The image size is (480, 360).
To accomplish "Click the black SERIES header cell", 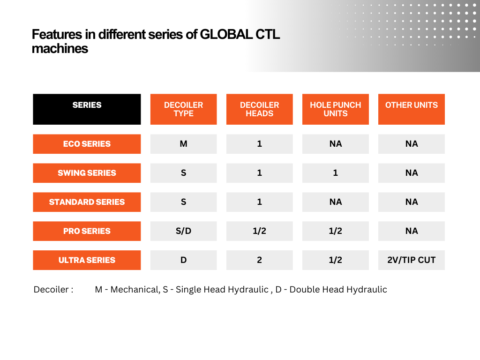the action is pyautogui.click(x=87, y=109).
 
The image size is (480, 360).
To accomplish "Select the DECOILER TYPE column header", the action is pyautogui.click(x=184, y=109).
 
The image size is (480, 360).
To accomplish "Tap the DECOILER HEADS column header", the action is pyautogui.click(x=260, y=109).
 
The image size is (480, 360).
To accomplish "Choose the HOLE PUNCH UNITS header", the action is pyautogui.click(x=336, y=109).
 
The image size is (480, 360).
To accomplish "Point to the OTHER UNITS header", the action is pyautogui.click(x=412, y=109).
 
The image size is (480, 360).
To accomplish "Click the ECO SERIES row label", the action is pyautogui.click(x=87, y=144).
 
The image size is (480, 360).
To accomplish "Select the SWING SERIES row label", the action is pyautogui.click(x=87, y=173).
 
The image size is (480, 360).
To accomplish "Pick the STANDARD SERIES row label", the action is pyautogui.click(x=87, y=202).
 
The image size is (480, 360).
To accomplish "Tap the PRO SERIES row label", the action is pyautogui.click(x=87, y=231).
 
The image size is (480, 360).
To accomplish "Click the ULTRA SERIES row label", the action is pyautogui.click(x=87, y=260).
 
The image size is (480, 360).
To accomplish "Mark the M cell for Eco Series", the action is pyautogui.click(x=184, y=144).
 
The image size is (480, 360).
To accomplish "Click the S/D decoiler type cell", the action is pyautogui.click(x=184, y=231).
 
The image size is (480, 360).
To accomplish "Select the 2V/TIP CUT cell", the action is pyautogui.click(x=412, y=260).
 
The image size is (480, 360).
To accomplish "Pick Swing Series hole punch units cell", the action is pyautogui.click(x=336, y=173).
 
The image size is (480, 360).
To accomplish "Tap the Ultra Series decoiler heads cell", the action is pyautogui.click(x=260, y=260).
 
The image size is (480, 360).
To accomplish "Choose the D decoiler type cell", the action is pyautogui.click(x=184, y=260).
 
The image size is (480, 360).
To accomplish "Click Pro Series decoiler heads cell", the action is pyautogui.click(x=260, y=231).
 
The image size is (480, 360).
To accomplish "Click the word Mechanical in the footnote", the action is pyautogui.click(x=135, y=290).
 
